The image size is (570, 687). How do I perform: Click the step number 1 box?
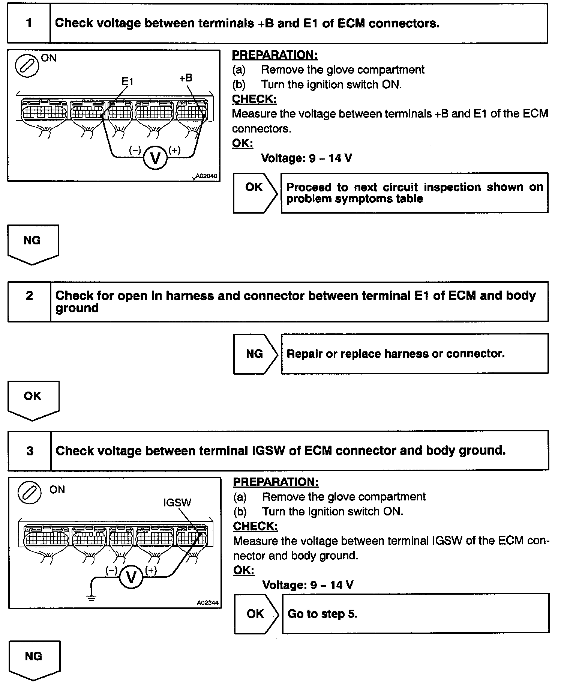(x=29, y=23)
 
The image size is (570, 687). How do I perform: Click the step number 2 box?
(x=29, y=301)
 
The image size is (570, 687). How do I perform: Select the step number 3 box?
(x=30, y=450)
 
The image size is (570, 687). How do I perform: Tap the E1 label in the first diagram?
(x=127, y=81)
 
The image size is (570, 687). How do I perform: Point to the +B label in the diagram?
(x=186, y=78)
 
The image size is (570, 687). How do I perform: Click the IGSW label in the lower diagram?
(x=177, y=503)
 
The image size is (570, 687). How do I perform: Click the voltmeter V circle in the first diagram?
(x=155, y=158)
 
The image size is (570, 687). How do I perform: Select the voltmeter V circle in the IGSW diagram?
(x=131, y=577)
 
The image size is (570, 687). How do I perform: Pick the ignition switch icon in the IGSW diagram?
(x=30, y=493)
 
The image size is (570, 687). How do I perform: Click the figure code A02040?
(x=207, y=176)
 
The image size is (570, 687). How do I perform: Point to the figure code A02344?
(x=207, y=603)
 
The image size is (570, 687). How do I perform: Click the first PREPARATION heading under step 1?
(x=275, y=55)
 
